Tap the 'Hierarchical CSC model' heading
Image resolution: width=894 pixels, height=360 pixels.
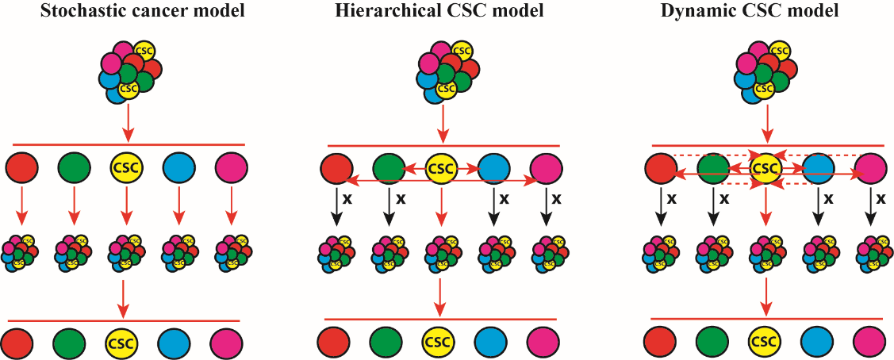[x=442, y=12]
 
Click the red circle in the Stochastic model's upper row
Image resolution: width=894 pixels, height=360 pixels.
[x=21, y=168]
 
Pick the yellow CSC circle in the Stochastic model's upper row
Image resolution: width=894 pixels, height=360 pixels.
[x=125, y=168]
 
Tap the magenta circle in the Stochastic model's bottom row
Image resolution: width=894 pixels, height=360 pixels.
[x=227, y=343]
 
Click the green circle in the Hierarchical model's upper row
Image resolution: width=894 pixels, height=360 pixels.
[x=388, y=168]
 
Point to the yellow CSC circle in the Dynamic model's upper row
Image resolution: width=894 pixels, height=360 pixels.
[x=765, y=168]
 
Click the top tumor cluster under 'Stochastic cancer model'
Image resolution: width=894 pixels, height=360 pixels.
[x=129, y=71]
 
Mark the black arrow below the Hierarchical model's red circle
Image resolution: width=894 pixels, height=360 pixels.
[x=336, y=208]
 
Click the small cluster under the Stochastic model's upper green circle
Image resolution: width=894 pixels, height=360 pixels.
[x=73, y=250]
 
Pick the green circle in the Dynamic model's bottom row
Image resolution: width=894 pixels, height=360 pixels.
[x=712, y=343]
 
